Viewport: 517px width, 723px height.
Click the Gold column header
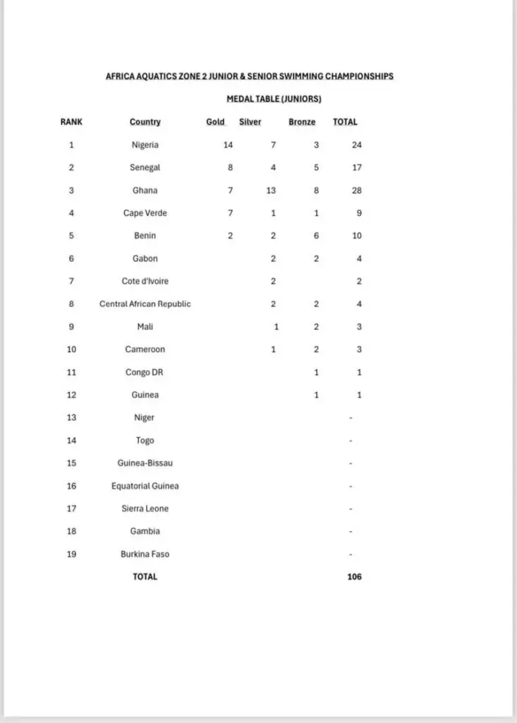coord(215,122)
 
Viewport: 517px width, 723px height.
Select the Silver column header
coord(250,122)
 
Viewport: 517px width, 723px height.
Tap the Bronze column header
coord(302,122)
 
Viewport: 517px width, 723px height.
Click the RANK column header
coord(71,122)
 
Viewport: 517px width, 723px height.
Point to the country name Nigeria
coord(145,145)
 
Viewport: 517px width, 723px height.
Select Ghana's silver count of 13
coord(272,191)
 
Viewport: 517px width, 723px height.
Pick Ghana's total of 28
coord(356,191)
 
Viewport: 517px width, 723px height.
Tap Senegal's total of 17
coord(356,168)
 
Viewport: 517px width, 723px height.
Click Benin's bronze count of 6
coord(316,236)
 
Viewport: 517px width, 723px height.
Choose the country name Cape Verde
coord(145,213)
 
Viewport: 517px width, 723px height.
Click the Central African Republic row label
coord(145,304)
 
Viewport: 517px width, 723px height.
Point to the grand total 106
coord(354,577)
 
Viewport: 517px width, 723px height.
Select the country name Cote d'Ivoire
coord(145,281)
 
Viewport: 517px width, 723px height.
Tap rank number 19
coord(71,554)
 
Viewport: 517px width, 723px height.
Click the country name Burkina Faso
coord(145,554)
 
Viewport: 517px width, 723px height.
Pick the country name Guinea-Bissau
coord(145,463)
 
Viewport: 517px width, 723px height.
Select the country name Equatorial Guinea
coord(145,486)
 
